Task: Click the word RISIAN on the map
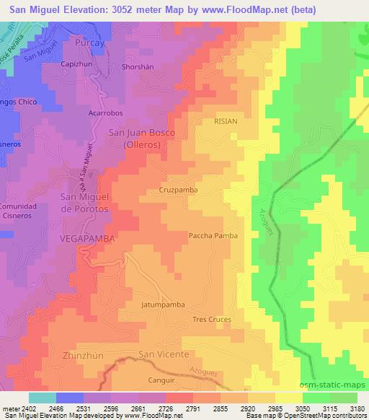click(x=226, y=121)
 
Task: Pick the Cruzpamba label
click(x=178, y=190)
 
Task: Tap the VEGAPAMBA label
click(x=89, y=237)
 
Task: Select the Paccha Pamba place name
click(x=213, y=235)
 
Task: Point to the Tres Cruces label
click(x=211, y=319)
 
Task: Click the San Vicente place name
click(x=164, y=354)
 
